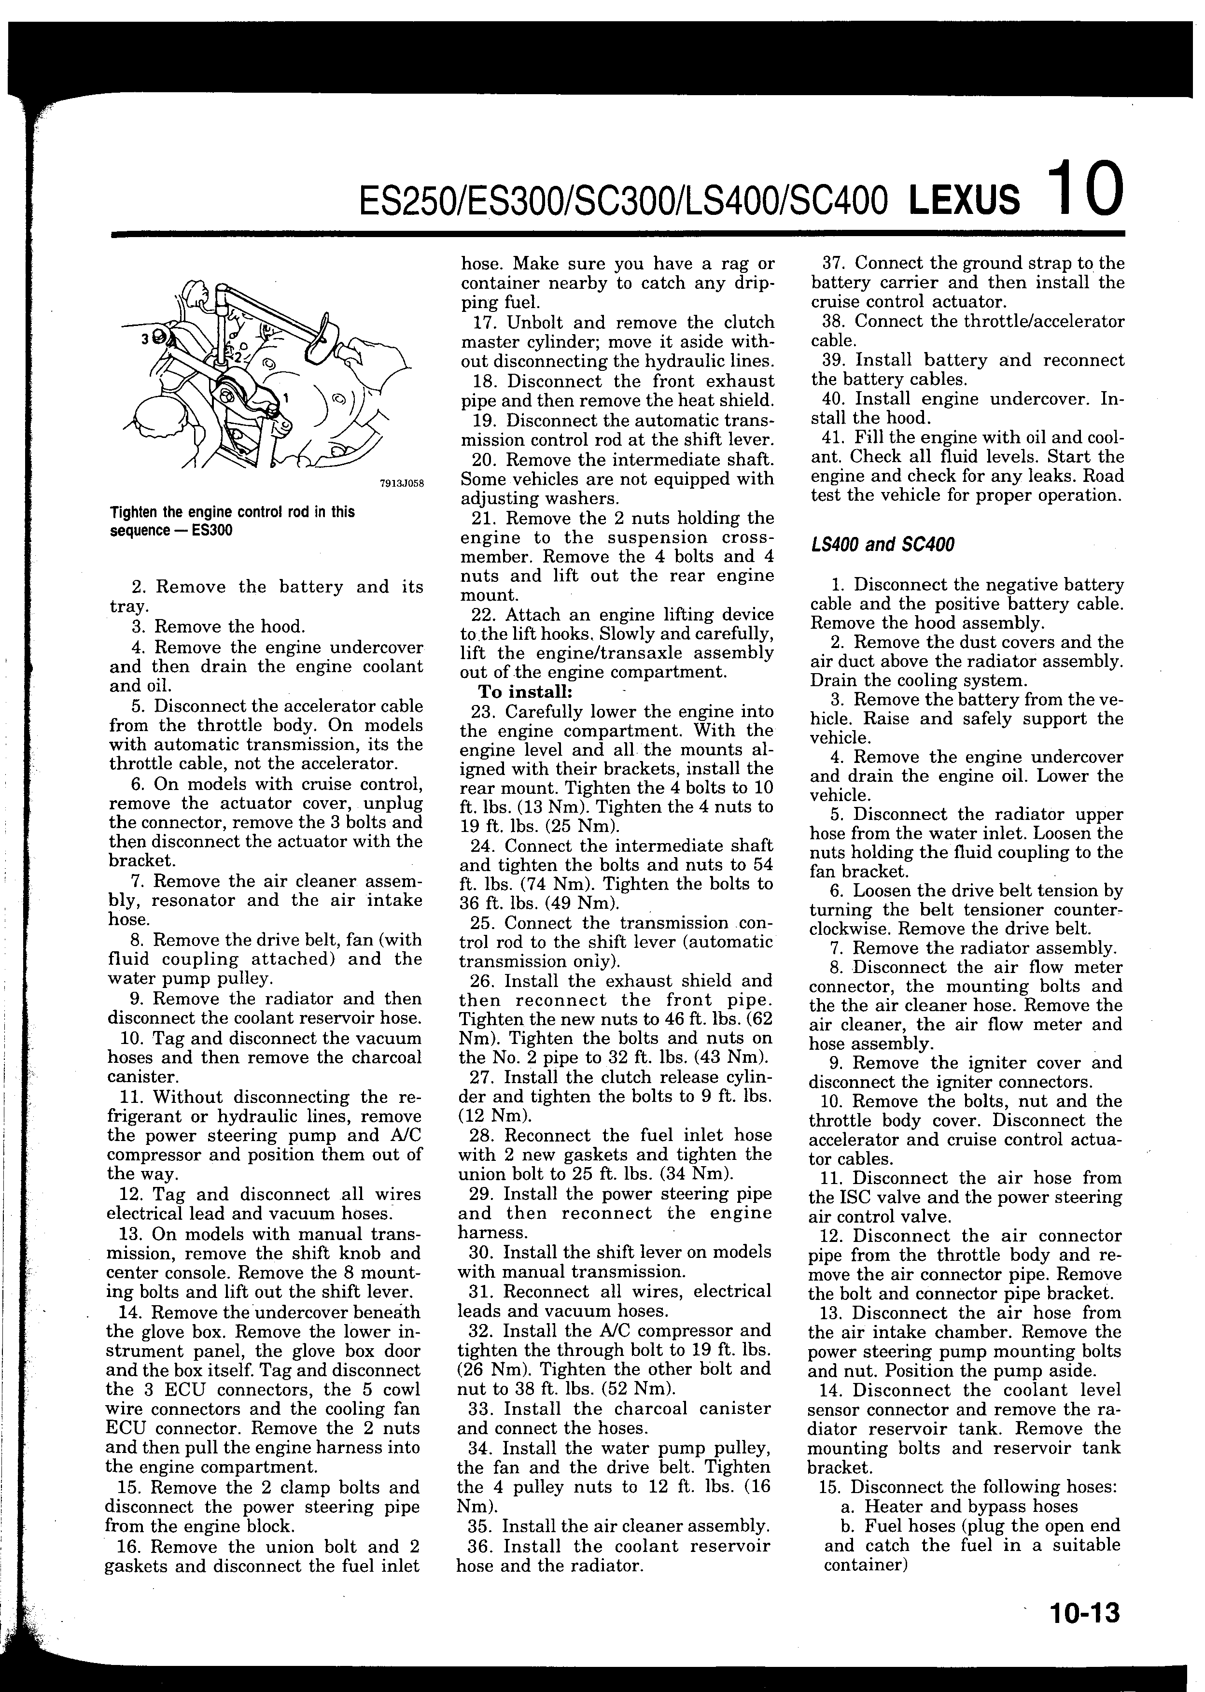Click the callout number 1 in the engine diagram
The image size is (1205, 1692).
(x=286, y=398)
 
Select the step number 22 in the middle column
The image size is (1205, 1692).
(x=486, y=615)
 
